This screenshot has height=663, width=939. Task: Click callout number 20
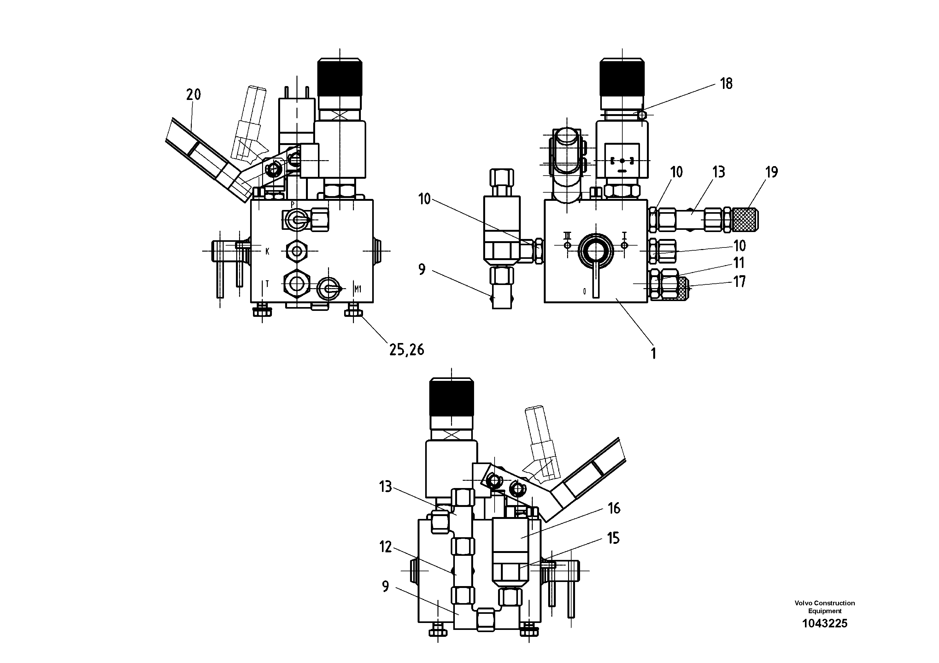[x=193, y=95]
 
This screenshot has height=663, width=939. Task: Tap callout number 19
[x=771, y=172]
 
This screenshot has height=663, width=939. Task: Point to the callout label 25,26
[x=407, y=350]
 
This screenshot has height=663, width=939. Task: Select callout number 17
[x=739, y=282]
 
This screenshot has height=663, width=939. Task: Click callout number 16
[x=614, y=509]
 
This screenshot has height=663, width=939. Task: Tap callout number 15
[x=613, y=538]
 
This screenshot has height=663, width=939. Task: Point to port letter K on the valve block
[x=267, y=251]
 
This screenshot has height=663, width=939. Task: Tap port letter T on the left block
[x=267, y=284]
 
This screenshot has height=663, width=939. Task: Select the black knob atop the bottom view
[x=451, y=398]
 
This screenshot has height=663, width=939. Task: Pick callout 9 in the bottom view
[x=385, y=587]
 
